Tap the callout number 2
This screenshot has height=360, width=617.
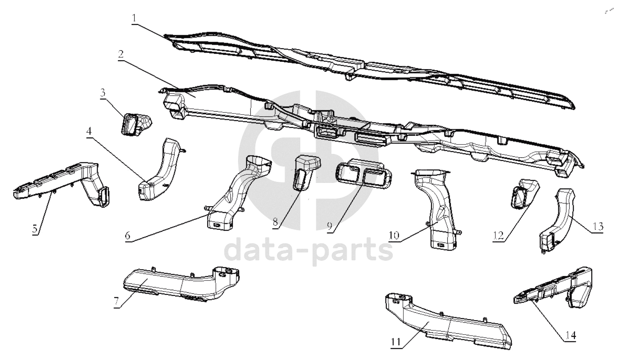coord(121,54)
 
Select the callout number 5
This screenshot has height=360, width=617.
coord(34,228)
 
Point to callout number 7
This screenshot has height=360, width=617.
coord(117,302)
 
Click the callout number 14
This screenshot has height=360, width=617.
coord(570,336)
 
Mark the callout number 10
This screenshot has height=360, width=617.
coord(394,235)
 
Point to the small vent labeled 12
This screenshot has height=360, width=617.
coord(523,193)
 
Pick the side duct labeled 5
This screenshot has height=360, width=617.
coord(67,181)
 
